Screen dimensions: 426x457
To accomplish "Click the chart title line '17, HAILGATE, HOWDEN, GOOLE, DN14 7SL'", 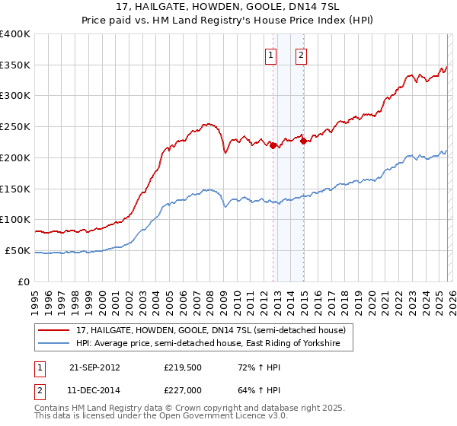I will pos(228,7).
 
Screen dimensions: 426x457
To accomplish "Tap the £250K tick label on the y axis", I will pos(15,127).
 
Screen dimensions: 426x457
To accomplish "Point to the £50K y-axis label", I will pos(18,250).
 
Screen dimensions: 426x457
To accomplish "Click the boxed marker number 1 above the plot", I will pos(272,54).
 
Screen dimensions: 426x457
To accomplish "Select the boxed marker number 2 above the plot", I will pos(302,54).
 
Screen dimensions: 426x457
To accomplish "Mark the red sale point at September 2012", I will pos(273,146).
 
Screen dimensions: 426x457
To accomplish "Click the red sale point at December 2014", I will pos(303,141).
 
